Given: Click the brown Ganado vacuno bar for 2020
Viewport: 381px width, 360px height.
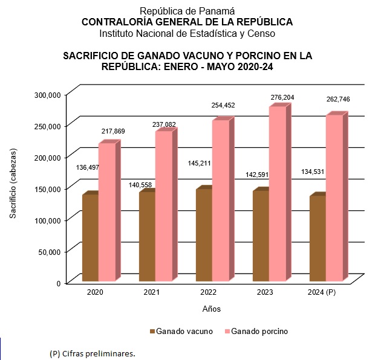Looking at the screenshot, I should pyautogui.click(x=90, y=238).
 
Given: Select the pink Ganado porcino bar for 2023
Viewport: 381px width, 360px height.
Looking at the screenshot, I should pyautogui.click(x=278, y=193).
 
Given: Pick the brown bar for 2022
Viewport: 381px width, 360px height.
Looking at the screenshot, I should pyautogui.click(x=204, y=236).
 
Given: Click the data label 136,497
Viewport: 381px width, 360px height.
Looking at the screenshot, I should pyautogui.click(x=89, y=167).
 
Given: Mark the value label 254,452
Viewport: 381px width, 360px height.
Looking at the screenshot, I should pyautogui.click(x=223, y=106).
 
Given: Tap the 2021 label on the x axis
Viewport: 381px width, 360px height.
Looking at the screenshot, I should pyautogui.click(x=151, y=292).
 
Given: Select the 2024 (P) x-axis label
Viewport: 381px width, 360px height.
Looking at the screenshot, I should pyautogui.click(x=322, y=292).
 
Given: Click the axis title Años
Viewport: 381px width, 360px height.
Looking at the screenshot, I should pyautogui.click(x=211, y=309).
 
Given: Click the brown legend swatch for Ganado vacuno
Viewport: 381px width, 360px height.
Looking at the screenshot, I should pyautogui.click(x=152, y=332).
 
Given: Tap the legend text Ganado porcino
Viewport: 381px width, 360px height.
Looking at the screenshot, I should pyautogui.click(x=259, y=332).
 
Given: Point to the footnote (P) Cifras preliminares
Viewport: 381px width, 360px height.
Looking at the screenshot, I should pyautogui.click(x=93, y=353).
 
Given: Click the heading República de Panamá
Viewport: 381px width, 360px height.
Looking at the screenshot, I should pyautogui.click(x=187, y=11).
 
